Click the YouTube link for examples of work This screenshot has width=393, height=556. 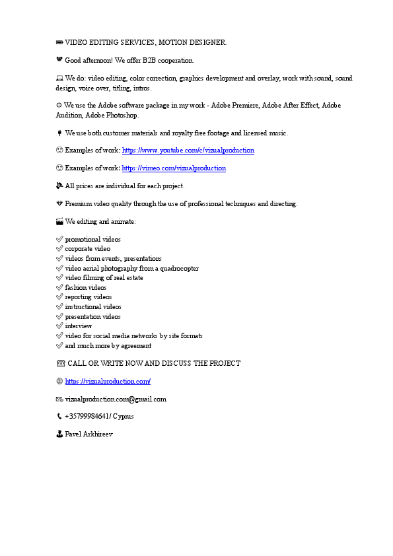click(x=188, y=151)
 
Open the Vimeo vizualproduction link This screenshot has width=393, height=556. click(x=174, y=168)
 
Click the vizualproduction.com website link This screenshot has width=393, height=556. click(x=108, y=382)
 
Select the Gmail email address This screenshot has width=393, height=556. click(x=116, y=400)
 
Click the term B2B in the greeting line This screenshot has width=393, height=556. click(x=141, y=61)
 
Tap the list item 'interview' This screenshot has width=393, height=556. click(x=79, y=326)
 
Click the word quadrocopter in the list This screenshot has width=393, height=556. click(x=178, y=269)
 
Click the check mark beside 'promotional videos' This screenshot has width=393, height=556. click(x=60, y=240)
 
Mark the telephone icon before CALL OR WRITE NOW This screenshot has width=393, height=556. click(x=61, y=364)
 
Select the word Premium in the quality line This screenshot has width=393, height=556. click(x=77, y=204)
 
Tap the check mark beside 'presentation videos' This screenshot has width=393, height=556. click(x=60, y=316)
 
